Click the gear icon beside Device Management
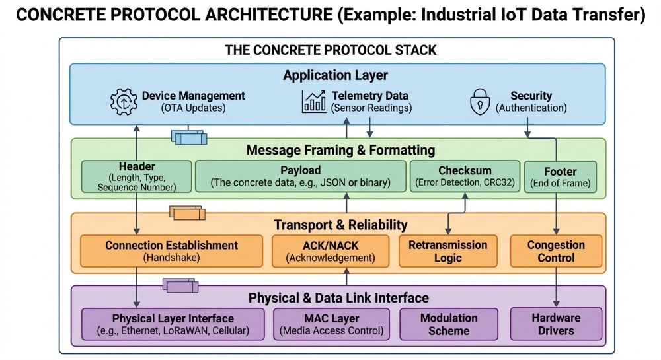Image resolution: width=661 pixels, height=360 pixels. tap(123, 102)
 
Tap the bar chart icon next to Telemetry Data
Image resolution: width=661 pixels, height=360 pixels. tap(314, 101)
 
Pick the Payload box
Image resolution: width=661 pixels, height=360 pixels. tap(300, 176)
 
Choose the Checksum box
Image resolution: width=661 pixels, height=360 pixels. tap(465, 176)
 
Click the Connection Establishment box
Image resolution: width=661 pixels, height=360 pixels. tap(171, 251)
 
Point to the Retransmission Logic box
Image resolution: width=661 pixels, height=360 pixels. tap(447, 251)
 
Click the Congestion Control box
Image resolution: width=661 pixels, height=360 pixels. tap(556, 251)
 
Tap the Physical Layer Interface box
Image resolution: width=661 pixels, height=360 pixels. tap(171, 324)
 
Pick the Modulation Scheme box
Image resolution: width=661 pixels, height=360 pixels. tap(449, 324)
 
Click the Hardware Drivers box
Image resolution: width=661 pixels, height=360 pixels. tap(556, 324)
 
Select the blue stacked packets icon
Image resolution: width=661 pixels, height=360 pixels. tap(189, 137)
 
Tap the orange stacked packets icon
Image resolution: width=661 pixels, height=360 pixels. tap(187, 213)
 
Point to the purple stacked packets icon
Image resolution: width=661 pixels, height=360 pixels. tap(180, 285)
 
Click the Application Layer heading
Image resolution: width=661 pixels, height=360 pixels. tap(335, 75)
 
